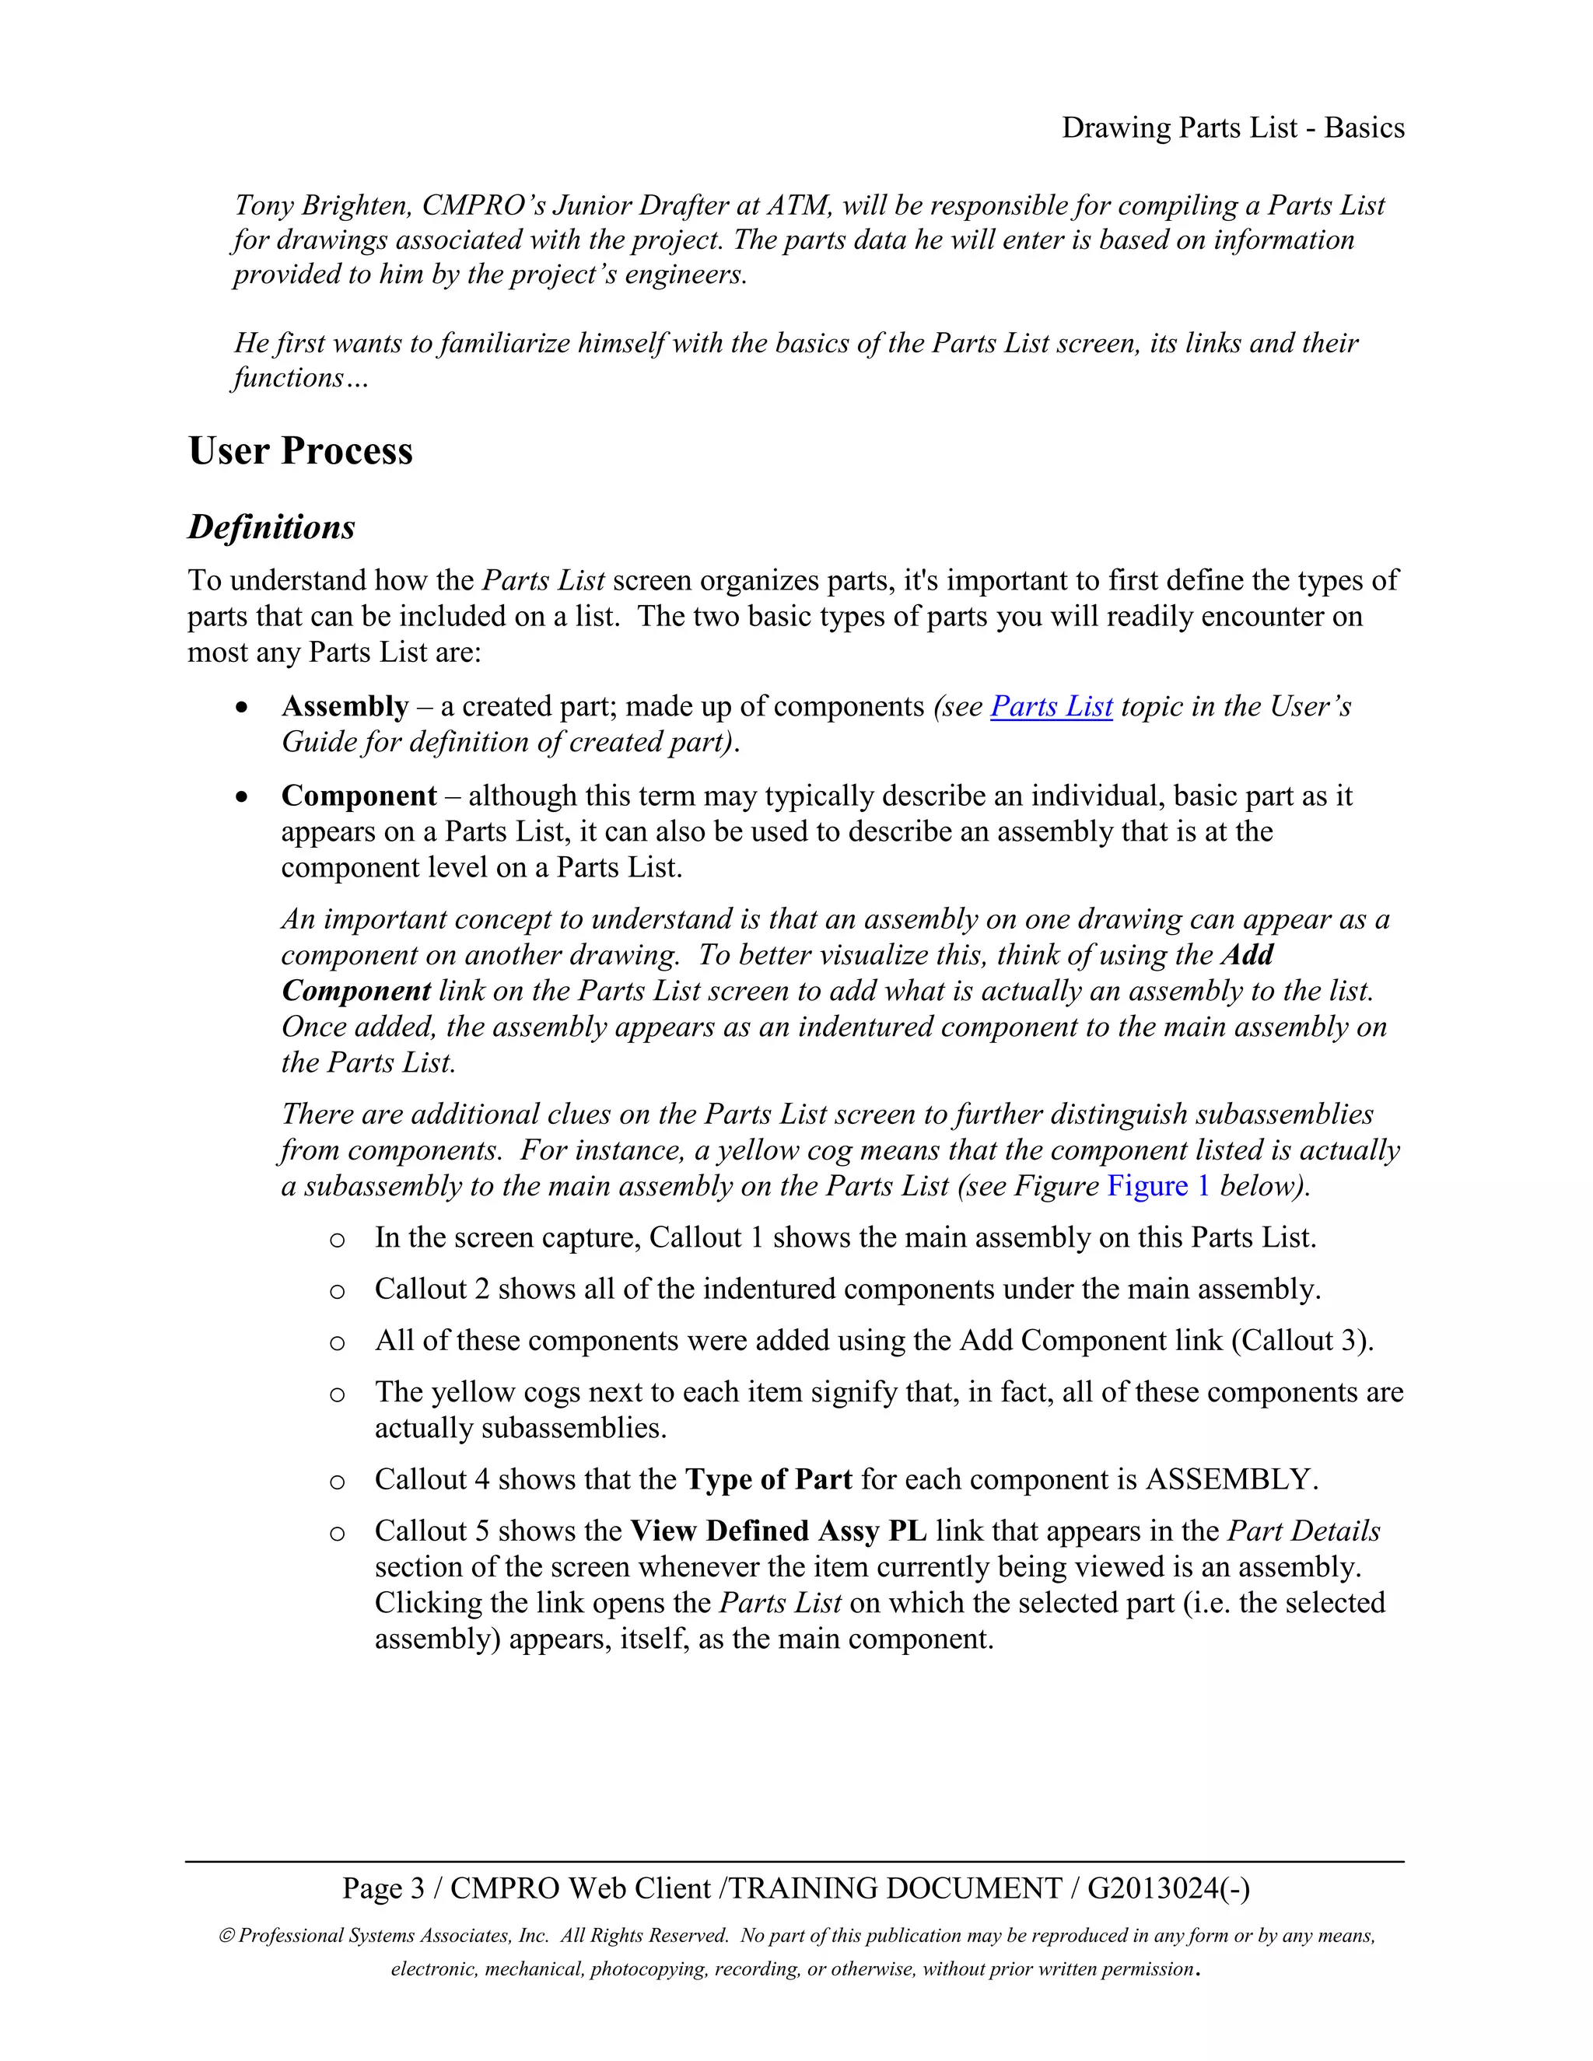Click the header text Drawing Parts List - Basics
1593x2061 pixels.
click(1233, 128)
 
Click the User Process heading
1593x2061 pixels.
click(300, 451)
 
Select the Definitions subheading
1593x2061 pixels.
click(271, 527)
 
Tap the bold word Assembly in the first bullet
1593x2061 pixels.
click(345, 706)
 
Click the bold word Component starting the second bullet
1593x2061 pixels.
click(359, 796)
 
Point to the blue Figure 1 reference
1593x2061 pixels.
click(1158, 1185)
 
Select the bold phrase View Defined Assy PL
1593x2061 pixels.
click(779, 1531)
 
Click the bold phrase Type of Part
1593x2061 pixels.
click(768, 1478)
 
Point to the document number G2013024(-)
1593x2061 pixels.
click(1168, 1888)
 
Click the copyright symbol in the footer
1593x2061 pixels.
click(226, 1937)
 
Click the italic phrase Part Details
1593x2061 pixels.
click(1304, 1531)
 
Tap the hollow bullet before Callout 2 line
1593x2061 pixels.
click(337, 1292)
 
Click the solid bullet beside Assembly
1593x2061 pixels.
click(243, 708)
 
